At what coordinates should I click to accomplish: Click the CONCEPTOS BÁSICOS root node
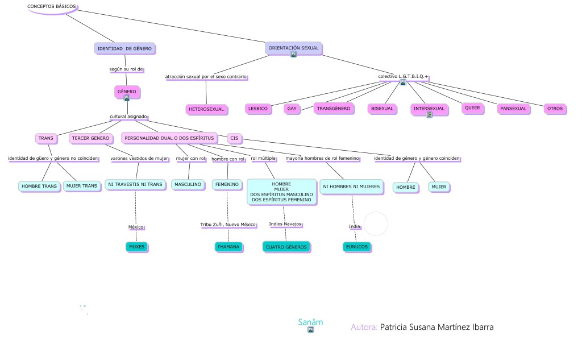point(51,6)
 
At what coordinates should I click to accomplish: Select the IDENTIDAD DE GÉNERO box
point(124,49)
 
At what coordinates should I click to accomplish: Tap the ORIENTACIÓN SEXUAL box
point(293,48)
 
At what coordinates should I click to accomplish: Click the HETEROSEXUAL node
point(205,109)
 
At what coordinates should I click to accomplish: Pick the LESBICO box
point(257,108)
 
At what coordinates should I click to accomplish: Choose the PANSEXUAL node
point(513,108)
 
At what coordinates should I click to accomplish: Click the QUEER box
point(472,107)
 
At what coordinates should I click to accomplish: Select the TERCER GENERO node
point(90,138)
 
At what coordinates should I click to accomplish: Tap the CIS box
point(234,138)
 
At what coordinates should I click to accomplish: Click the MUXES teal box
point(136,247)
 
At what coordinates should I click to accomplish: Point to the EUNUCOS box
point(357,247)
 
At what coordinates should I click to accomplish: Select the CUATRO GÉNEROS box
point(286,247)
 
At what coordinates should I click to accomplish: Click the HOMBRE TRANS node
point(39,186)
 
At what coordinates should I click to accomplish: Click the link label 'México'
point(136,227)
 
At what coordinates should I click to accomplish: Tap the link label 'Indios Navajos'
point(285,224)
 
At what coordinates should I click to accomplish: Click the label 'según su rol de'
point(126,69)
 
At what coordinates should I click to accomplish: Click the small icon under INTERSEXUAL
point(429,115)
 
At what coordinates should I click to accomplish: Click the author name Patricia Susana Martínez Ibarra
point(436,327)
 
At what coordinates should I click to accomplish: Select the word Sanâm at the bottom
point(310,322)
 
